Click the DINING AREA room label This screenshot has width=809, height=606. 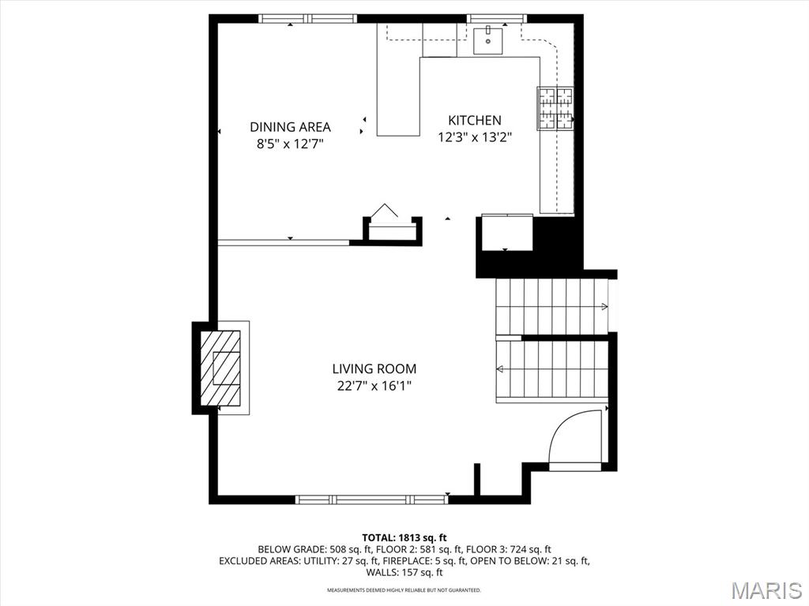point(290,127)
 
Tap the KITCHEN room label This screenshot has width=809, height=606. point(475,121)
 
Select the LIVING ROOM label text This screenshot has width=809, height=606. point(374,368)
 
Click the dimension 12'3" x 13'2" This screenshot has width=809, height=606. point(475,137)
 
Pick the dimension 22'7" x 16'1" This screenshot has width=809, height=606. point(373,386)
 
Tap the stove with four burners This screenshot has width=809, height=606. point(555,108)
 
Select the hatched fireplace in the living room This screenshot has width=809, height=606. point(220,367)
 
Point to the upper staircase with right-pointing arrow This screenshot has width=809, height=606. point(551,306)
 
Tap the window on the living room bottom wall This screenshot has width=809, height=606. point(371,499)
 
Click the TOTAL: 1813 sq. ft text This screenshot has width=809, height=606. point(404,537)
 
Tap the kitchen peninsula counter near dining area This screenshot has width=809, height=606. point(397,95)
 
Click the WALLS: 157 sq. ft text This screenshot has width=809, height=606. point(404,572)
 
